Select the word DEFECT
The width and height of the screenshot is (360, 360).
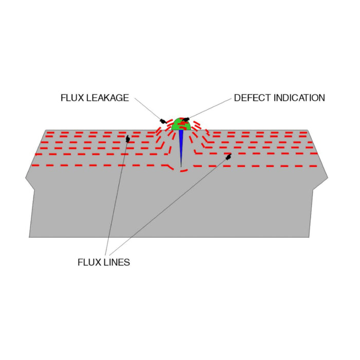click(251, 98)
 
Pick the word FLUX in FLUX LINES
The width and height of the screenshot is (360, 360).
click(88, 262)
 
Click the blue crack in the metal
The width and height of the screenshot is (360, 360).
click(181, 147)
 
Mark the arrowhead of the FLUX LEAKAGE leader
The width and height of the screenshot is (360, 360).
click(161, 120)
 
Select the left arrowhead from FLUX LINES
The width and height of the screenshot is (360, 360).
click(128, 139)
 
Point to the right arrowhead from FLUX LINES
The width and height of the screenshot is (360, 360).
click(228, 156)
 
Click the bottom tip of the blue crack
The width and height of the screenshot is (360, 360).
click(181, 167)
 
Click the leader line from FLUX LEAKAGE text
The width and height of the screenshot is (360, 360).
click(146, 109)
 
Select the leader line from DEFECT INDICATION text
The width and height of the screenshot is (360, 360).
click(208, 109)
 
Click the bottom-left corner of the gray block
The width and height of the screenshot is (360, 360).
click(29, 237)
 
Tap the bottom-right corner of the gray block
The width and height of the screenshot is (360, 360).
click(309, 237)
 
